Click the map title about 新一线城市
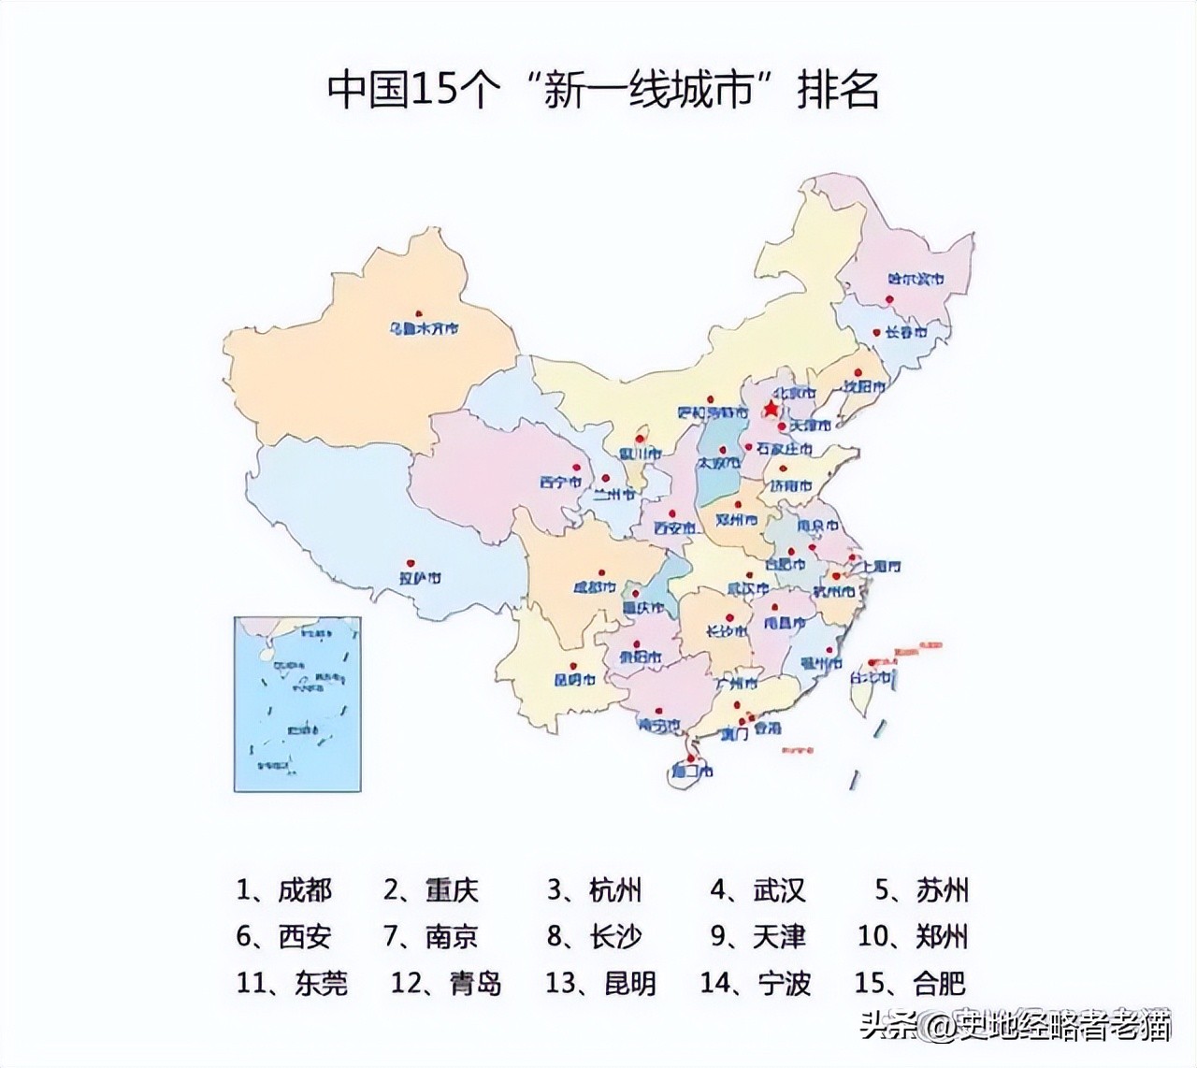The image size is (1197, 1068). coord(603,91)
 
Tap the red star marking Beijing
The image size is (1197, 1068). coord(770,410)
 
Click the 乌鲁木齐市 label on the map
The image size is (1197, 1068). coord(425,329)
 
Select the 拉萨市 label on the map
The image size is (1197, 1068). coord(420,579)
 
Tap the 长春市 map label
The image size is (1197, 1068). coord(905,332)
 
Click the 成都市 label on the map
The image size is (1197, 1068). coord(595,588)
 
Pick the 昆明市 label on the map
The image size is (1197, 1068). coord(574,680)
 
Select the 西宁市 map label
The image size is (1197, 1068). coord(560,483)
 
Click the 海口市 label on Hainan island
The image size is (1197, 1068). coord(692,772)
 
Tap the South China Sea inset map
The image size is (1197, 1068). coord(297,703)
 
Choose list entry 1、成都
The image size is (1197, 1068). coord(284,889)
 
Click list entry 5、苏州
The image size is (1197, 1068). coord(921,889)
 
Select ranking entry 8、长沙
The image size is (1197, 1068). coord(595,936)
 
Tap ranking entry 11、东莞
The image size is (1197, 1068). coord(292,983)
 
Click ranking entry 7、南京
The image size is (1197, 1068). coord(431,936)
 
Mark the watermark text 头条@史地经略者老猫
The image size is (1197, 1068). coord(1015,1027)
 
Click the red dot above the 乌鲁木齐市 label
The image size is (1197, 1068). coord(421,312)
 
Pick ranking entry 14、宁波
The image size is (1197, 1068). coord(756,983)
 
